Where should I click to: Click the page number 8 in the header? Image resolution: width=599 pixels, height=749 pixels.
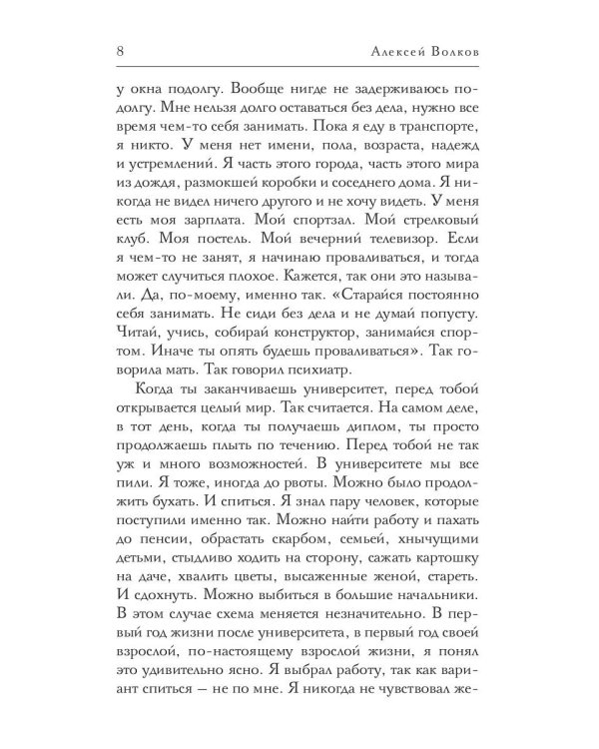pos(120,50)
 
